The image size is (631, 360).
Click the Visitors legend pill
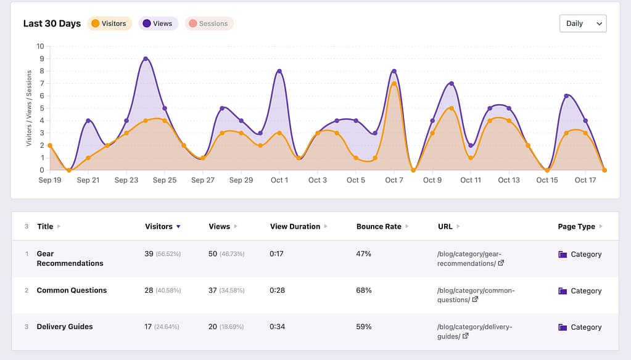pyautogui.click(x=109, y=23)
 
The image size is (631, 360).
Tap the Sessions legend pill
pyautogui.click(x=208, y=23)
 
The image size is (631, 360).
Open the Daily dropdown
pyautogui.click(x=582, y=23)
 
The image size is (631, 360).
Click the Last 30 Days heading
pyautogui.click(x=52, y=23)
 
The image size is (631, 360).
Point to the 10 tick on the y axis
pyautogui.click(x=41, y=46)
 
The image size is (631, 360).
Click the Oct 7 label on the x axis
pyautogui.click(x=394, y=180)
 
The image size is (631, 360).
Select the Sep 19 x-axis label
pyautogui.click(x=49, y=180)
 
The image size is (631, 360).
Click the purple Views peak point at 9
pyautogui.click(x=146, y=59)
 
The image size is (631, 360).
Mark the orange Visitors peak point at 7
pyautogui.click(x=394, y=83)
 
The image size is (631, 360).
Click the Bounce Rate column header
pyautogui.click(x=379, y=226)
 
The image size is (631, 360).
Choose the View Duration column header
pyautogui.click(x=295, y=226)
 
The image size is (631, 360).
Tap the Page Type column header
pyautogui.click(x=576, y=226)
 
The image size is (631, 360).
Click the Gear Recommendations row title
pyautogui.click(x=70, y=258)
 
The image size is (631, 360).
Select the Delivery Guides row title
pyautogui.click(x=65, y=327)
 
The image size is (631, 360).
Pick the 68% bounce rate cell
pyautogui.click(x=364, y=290)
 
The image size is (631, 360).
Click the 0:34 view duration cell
pyautogui.click(x=278, y=327)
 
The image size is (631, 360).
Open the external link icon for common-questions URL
pyautogui.click(x=475, y=300)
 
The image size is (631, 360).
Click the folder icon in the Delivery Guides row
pyautogui.click(x=563, y=327)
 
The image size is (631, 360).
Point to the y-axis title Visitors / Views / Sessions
pyautogui.click(x=29, y=108)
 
